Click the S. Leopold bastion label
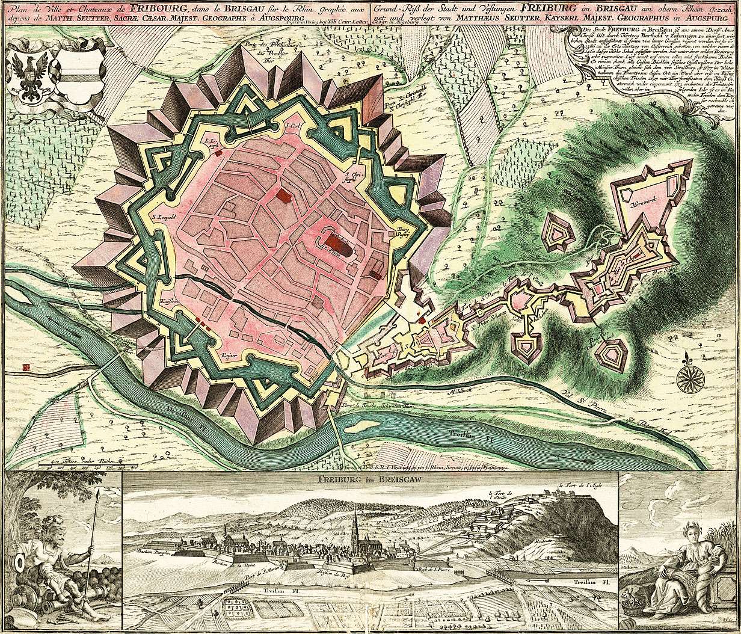coord(163,217)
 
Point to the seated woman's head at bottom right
coord(687,532)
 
